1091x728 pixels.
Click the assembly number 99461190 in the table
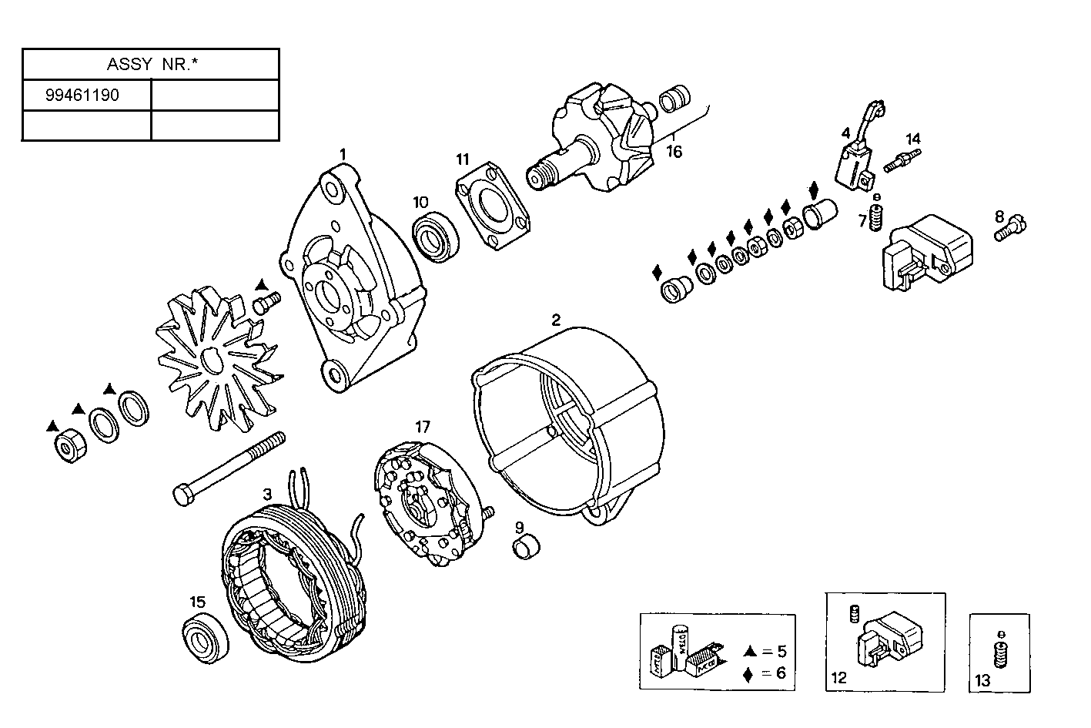pyautogui.click(x=82, y=96)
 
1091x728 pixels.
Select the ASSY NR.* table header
pyautogui.click(x=150, y=65)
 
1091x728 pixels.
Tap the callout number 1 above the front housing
pyautogui.click(x=343, y=155)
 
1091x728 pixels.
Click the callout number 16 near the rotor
pyautogui.click(x=674, y=152)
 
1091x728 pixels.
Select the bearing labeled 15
pyautogui.click(x=206, y=636)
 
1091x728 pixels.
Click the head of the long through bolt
pyautogui.click(x=182, y=495)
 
